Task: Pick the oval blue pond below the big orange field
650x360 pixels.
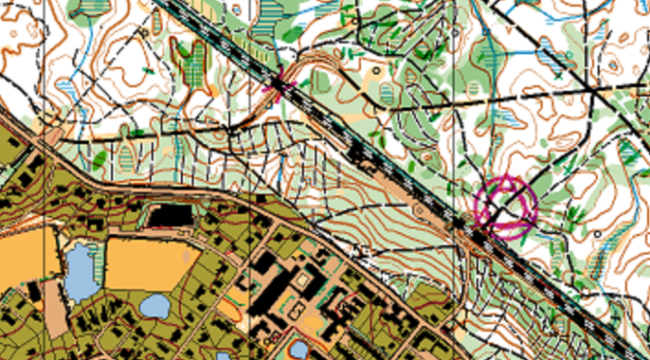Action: tap(154, 307)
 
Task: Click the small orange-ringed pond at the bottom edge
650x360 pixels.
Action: tap(299, 348)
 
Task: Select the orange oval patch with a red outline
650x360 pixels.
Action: tap(229, 309)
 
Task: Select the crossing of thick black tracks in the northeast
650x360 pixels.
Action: tap(589, 90)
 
